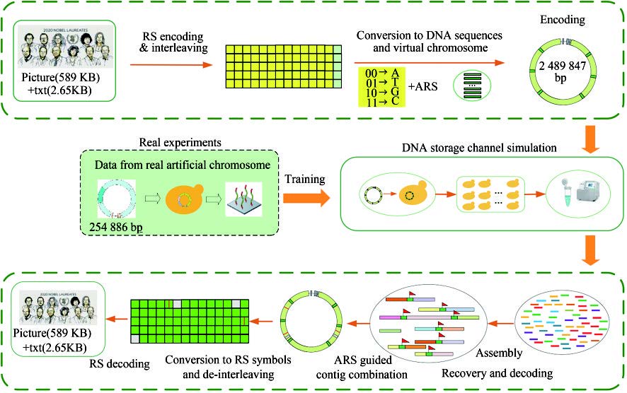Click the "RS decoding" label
click(120, 365)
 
